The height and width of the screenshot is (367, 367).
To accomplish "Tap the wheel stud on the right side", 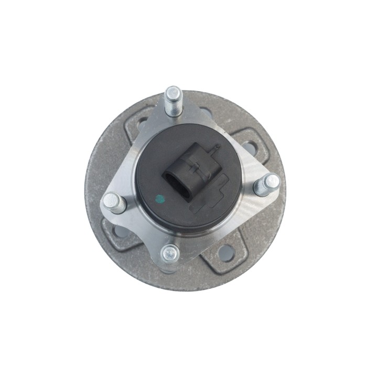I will (267, 185).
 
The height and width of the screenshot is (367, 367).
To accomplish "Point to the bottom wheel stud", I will (170, 254).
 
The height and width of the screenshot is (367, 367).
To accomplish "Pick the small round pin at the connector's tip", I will (214, 149).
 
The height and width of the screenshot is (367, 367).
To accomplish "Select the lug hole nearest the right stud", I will (250, 148).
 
